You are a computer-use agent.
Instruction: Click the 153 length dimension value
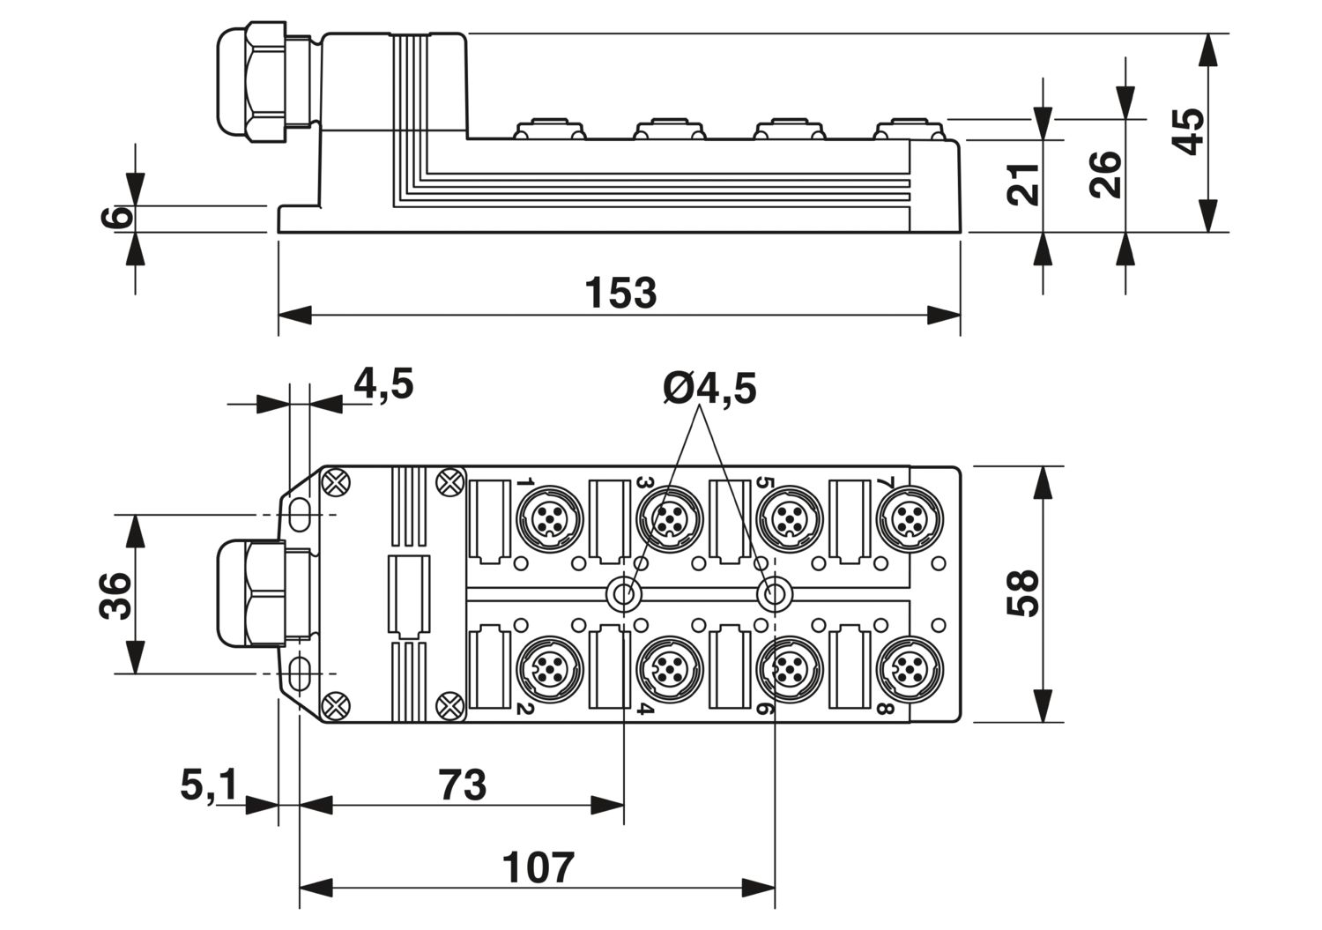[x=620, y=293]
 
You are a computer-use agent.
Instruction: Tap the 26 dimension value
[x=1106, y=175]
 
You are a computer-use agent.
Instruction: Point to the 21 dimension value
[x=1024, y=184]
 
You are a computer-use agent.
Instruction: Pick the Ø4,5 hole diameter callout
[x=709, y=388]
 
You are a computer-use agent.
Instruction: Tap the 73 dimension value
[x=462, y=785]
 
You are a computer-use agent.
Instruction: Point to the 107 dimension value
[x=538, y=867]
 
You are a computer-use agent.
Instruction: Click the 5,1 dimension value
[x=209, y=785]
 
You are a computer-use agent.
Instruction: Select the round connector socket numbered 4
[x=669, y=669]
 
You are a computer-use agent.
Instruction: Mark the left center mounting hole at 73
[x=625, y=595]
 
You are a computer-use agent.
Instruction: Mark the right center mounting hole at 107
[x=775, y=595]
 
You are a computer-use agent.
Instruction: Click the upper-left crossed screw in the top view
[x=336, y=482]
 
